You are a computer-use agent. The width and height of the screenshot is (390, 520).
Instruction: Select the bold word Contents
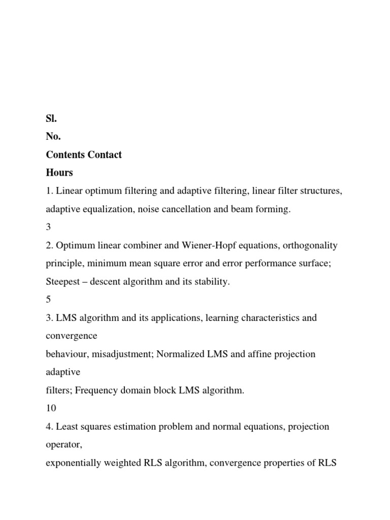[x=65, y=154]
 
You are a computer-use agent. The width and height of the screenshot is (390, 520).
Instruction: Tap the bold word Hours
[x=59, y=173]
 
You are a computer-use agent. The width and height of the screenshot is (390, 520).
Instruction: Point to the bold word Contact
[x=105, y=154]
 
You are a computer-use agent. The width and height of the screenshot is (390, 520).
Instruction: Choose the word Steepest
[x=63, y=282]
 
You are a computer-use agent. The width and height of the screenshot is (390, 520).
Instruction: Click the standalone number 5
[x=48, y=300]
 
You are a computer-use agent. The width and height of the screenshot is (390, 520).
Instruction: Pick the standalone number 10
[x=51, y=408]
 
